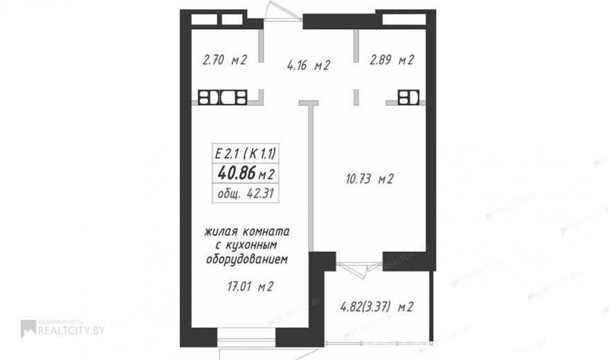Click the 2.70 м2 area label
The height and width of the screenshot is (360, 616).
point(225,60)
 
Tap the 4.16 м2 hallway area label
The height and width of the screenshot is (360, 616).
point(309,65)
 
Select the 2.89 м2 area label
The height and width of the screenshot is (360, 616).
point(392,60)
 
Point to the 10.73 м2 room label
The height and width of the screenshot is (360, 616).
point(370,179)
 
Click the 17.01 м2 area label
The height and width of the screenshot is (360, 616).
point(251,287)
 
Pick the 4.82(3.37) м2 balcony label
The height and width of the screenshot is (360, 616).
point(377,307)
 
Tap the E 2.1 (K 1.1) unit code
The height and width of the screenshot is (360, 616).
point(246,153)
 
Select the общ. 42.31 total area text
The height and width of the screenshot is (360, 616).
point(246,193)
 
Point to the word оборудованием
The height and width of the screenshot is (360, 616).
point(247,260)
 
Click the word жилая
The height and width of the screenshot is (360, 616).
point(221,231)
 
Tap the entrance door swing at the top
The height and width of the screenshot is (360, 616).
point(283,11)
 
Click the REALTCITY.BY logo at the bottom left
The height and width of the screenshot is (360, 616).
point(62,329)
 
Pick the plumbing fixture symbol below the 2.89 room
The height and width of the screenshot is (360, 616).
point(408,98)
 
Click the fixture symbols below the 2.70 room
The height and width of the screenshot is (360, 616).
point(222,98)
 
